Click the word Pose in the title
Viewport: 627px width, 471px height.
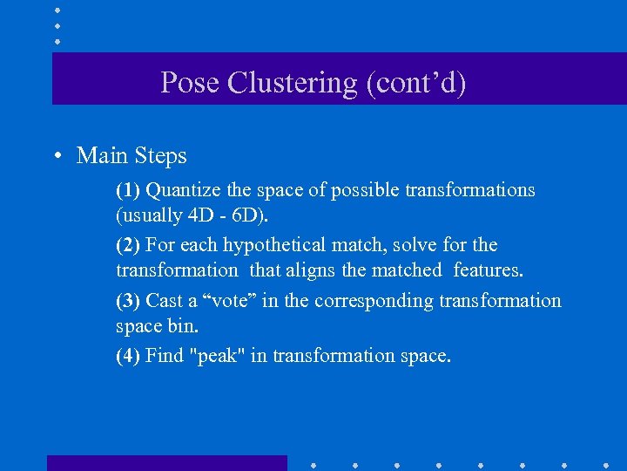(190, 83)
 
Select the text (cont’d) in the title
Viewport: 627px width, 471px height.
(416, 83)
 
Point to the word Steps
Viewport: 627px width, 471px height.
(159, 156)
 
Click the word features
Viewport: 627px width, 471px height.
(489, 270)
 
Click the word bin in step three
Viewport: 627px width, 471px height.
(185, 325)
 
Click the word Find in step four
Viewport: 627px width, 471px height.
(165, 356)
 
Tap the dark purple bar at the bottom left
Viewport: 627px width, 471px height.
(166, 462)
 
